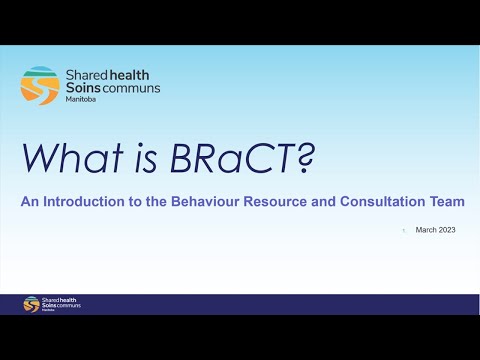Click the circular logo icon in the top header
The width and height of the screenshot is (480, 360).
39,85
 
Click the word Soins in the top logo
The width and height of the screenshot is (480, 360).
84,88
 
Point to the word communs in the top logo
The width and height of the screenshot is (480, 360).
131,88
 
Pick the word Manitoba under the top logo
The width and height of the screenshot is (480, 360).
81,101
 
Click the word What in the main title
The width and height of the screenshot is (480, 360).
69,158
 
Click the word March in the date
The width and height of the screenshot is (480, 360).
427,230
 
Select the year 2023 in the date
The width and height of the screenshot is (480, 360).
446,230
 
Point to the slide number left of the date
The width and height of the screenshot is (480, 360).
403,230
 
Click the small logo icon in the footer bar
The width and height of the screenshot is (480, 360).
30,304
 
